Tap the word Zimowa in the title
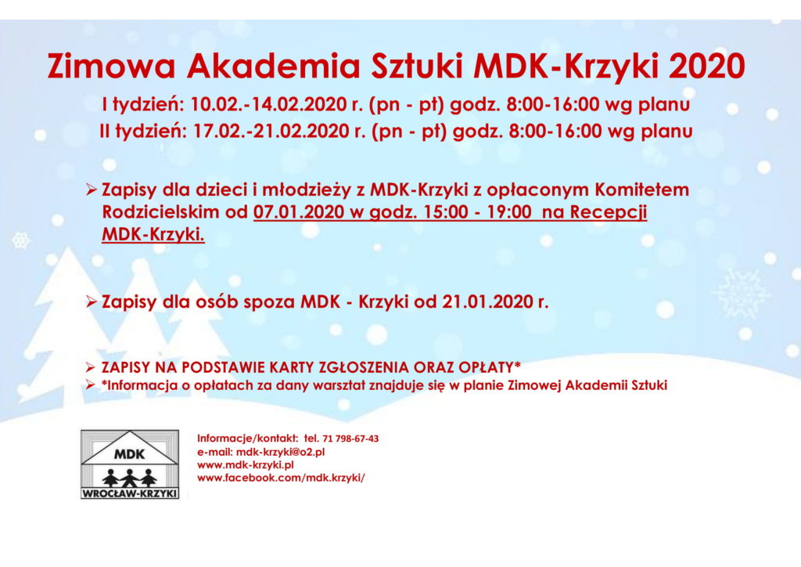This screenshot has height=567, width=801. (112, 66)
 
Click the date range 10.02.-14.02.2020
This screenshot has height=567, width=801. (269, 104)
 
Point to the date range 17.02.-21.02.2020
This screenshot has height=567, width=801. (271, 132)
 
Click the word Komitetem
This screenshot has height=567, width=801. (641, 190)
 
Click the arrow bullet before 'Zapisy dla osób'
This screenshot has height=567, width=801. (92, 302)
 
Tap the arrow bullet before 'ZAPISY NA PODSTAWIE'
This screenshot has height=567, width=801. (91, 367)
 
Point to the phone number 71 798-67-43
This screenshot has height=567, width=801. (351, 439)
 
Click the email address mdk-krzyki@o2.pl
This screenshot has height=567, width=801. (281, 452)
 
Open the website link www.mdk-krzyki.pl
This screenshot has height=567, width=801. (246, 465)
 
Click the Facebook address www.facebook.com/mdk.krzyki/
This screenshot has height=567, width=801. (281, 478)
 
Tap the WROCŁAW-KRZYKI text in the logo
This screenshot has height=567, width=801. (130, 493)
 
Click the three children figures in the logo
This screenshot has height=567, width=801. (130, 478)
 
